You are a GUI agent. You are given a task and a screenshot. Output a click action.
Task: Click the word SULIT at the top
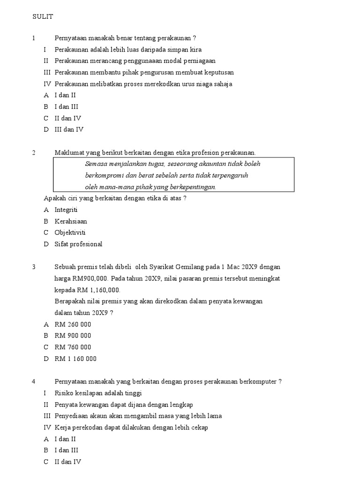tap(43, 17)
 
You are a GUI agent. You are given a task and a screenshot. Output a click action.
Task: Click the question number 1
tap(34, 38)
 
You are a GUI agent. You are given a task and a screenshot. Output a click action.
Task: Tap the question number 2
tap(34, 153)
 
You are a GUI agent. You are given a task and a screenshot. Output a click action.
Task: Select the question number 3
tap(34, 267)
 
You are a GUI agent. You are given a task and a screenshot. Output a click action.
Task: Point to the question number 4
tap(34, 382)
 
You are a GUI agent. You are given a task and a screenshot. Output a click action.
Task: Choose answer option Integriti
tap(66, 210)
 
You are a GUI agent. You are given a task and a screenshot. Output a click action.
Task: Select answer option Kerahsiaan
tap(71, 221)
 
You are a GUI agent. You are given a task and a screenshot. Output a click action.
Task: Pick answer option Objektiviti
tap(70, 232)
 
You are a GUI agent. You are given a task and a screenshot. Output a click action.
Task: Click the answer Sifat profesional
tap(78, 244)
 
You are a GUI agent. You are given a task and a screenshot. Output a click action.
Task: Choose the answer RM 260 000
tap(73, 324)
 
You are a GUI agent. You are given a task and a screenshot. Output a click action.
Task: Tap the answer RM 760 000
tap(73, 347)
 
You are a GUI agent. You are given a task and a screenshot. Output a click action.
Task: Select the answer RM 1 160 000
tap(75, 359)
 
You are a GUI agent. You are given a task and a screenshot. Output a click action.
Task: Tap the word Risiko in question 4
tap(65, 393)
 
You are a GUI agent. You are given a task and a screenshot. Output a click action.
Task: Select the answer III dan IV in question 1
tap(69, 130)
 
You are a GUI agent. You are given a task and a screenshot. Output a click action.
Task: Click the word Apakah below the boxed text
tap(55, 198)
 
